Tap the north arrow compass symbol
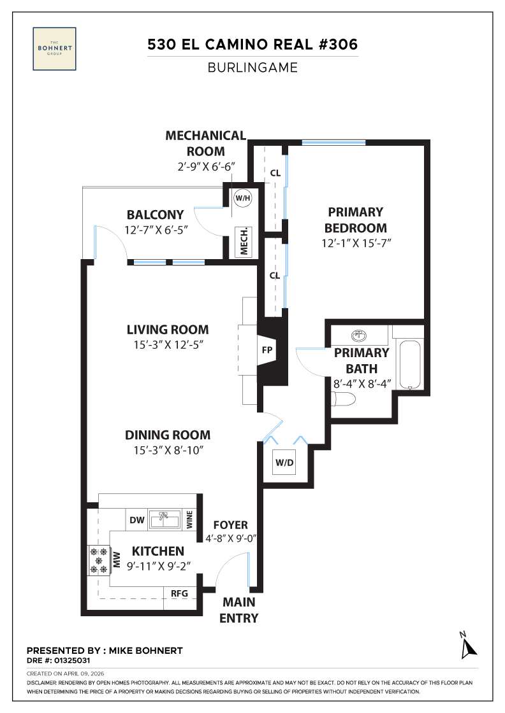coord(469,645)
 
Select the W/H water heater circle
coord(243,197)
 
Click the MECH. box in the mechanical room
coord(243,241)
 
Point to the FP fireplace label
coord(268,350)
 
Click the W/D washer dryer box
coord(284,462)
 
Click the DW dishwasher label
coord(136,520)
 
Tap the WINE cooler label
coord(189,520)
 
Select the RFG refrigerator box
coord(180,593)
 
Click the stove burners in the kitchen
coord(99,560)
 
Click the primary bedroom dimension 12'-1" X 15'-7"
coord(355,243)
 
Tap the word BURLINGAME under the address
coord(252,67)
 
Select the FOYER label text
coord(230,525)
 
